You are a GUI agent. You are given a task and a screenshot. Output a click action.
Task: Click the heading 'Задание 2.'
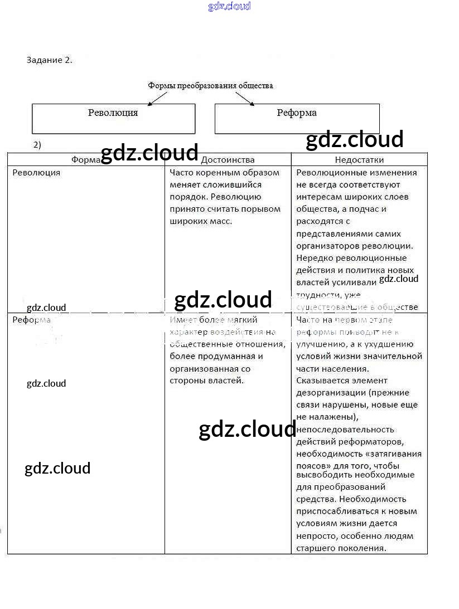(x=49, y=60)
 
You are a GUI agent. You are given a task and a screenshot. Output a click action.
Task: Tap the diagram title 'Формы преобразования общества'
(x=210, y=86)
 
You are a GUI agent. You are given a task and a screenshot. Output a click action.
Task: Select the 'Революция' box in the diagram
(x=113, y=118)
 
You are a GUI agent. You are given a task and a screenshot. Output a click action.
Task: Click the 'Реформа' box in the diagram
(x=297, y=118)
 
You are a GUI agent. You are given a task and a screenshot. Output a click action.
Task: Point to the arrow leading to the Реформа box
(x=244, y=98)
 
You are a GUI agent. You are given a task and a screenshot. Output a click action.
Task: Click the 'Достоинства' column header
(x=227, y=160)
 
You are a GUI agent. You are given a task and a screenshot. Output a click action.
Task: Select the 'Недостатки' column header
(x=359, y=160)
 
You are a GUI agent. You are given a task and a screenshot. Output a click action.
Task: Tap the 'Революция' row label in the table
(x=36, y=173)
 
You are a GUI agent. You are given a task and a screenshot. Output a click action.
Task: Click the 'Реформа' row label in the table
(x=31, y=320)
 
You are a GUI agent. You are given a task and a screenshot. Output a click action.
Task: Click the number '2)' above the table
(x=37, y=145)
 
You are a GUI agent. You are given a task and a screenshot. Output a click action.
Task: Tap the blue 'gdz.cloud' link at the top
(x=229, y=6)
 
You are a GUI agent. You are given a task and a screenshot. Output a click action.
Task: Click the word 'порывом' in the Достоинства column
(x=263, y=209)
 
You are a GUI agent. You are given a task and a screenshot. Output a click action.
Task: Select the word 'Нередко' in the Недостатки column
(x=313, y=258)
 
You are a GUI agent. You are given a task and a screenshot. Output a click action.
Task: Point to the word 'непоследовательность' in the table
(x=345, y=430)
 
